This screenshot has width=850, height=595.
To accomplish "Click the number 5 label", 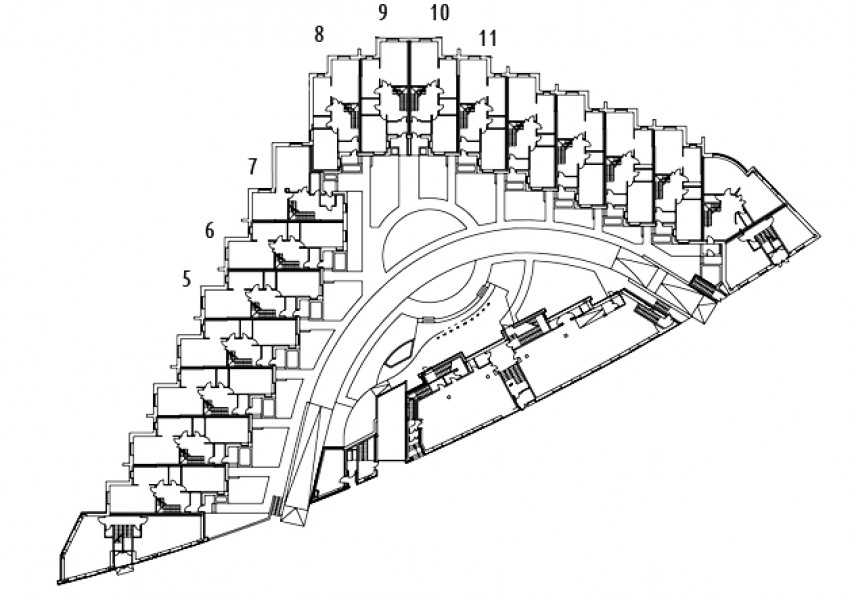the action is tap(187, 279).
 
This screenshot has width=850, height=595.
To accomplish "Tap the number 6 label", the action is tap(210, 231).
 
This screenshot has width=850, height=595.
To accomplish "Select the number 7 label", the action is tap(252, 166).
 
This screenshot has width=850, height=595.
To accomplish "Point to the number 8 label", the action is tap(319, 35).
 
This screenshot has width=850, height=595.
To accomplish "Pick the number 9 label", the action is tap(383, 12).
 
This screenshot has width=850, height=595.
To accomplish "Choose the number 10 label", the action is tap(440, 12).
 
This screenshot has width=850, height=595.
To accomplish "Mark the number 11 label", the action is tap(488, 38).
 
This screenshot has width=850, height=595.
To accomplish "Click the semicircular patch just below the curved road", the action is tap(442, 283).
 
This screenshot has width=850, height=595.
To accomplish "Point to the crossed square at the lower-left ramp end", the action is tap(295, 515).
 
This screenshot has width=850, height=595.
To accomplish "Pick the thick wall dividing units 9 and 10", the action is tap(409, 97).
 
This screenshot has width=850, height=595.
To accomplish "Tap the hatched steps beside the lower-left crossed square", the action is tap(275, 506).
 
